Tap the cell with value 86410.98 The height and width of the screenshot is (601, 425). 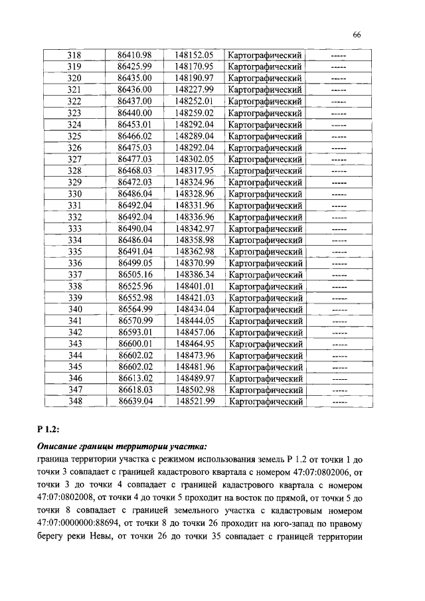135,54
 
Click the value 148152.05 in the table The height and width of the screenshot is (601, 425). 194,54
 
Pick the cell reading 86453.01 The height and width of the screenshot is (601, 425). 135,124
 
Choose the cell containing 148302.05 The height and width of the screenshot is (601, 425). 194,159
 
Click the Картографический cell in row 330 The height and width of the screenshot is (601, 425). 265,194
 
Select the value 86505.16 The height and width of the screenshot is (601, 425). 135,274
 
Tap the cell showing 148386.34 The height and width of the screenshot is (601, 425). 194,274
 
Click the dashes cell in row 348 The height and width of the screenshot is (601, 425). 339,402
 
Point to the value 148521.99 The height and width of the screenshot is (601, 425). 194,402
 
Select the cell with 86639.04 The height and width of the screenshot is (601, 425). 135,402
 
